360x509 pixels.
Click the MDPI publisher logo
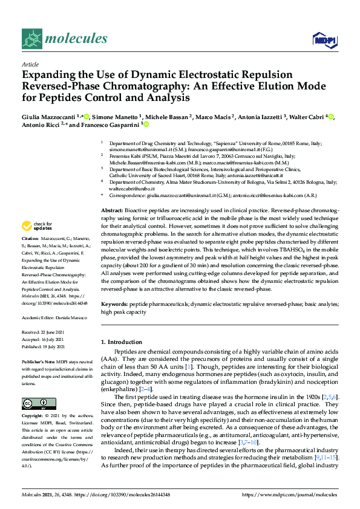click(x=324, y=40)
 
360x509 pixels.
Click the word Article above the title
click(x=30, y=64)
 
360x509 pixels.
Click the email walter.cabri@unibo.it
click(x=130, y=188)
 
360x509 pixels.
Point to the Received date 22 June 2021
click(x=54, y=332)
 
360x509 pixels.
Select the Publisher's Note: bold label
click(x=38, y=361)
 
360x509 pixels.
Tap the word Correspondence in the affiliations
click(x=126, y=196)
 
